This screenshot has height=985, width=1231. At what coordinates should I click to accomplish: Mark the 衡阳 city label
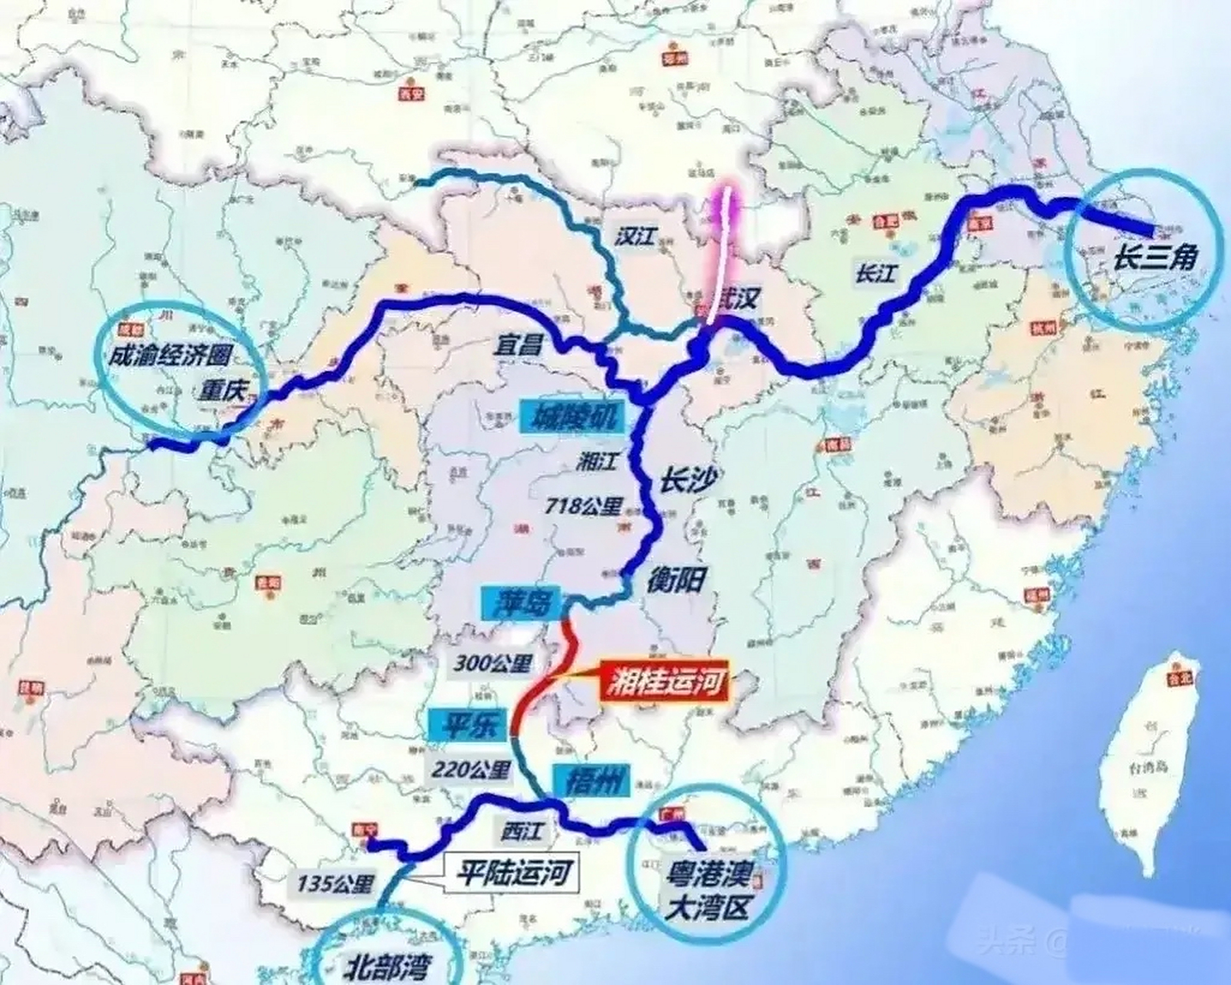[x=676, y=579]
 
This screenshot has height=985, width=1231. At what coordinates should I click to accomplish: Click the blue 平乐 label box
[x=468, y=726]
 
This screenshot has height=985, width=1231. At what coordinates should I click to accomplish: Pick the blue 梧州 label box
[x=590, y=781]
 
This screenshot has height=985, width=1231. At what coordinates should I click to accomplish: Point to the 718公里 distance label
[x=583, y=506]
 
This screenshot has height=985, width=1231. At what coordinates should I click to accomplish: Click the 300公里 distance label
[x=492, y=663]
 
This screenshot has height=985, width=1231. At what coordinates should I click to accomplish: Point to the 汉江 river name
[x=636, y=236]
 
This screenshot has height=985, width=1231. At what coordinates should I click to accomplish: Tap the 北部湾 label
[x=388, y=966]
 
